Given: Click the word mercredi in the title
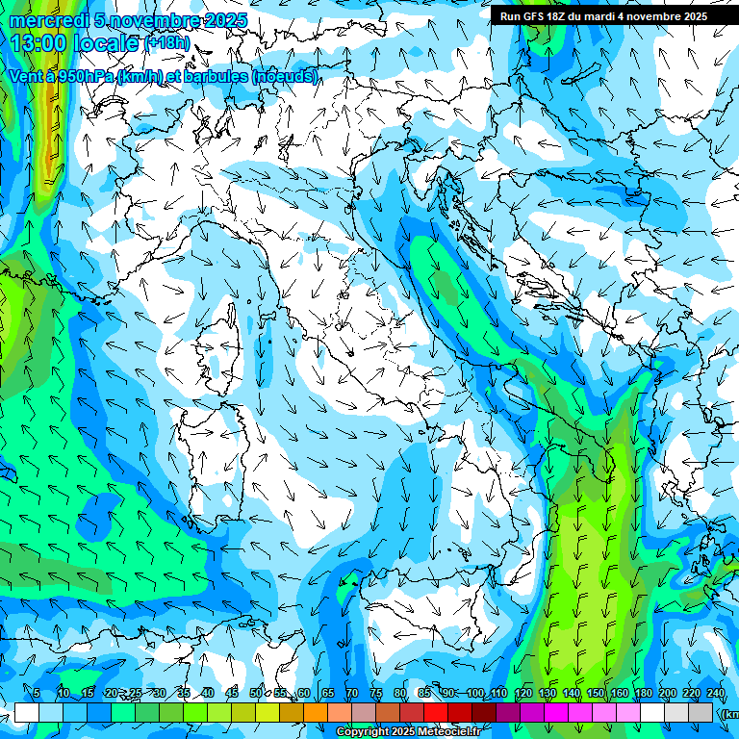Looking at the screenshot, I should point(49,20).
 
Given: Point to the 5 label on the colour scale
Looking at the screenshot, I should point(37,694).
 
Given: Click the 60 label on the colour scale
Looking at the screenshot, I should point(303,694).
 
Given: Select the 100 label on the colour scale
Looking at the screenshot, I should point(475,694).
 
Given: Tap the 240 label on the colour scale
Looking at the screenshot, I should point(715,694).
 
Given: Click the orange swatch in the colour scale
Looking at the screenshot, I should point(316,712).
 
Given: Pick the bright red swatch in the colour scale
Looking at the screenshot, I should point(436,712).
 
